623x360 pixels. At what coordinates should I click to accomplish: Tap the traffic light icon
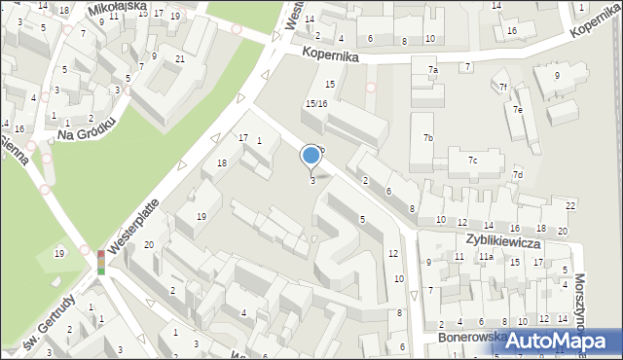101,260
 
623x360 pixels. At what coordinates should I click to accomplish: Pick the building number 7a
433,70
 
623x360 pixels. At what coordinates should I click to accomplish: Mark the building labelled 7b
427,138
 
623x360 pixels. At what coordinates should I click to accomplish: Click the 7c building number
472,160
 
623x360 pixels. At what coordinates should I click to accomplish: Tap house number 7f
503,88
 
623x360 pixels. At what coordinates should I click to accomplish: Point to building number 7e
519,110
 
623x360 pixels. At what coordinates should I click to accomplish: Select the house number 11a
485,257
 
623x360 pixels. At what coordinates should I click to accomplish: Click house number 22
570,206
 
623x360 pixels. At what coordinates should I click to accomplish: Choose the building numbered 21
180,58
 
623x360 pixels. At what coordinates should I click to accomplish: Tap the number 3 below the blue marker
312,180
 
